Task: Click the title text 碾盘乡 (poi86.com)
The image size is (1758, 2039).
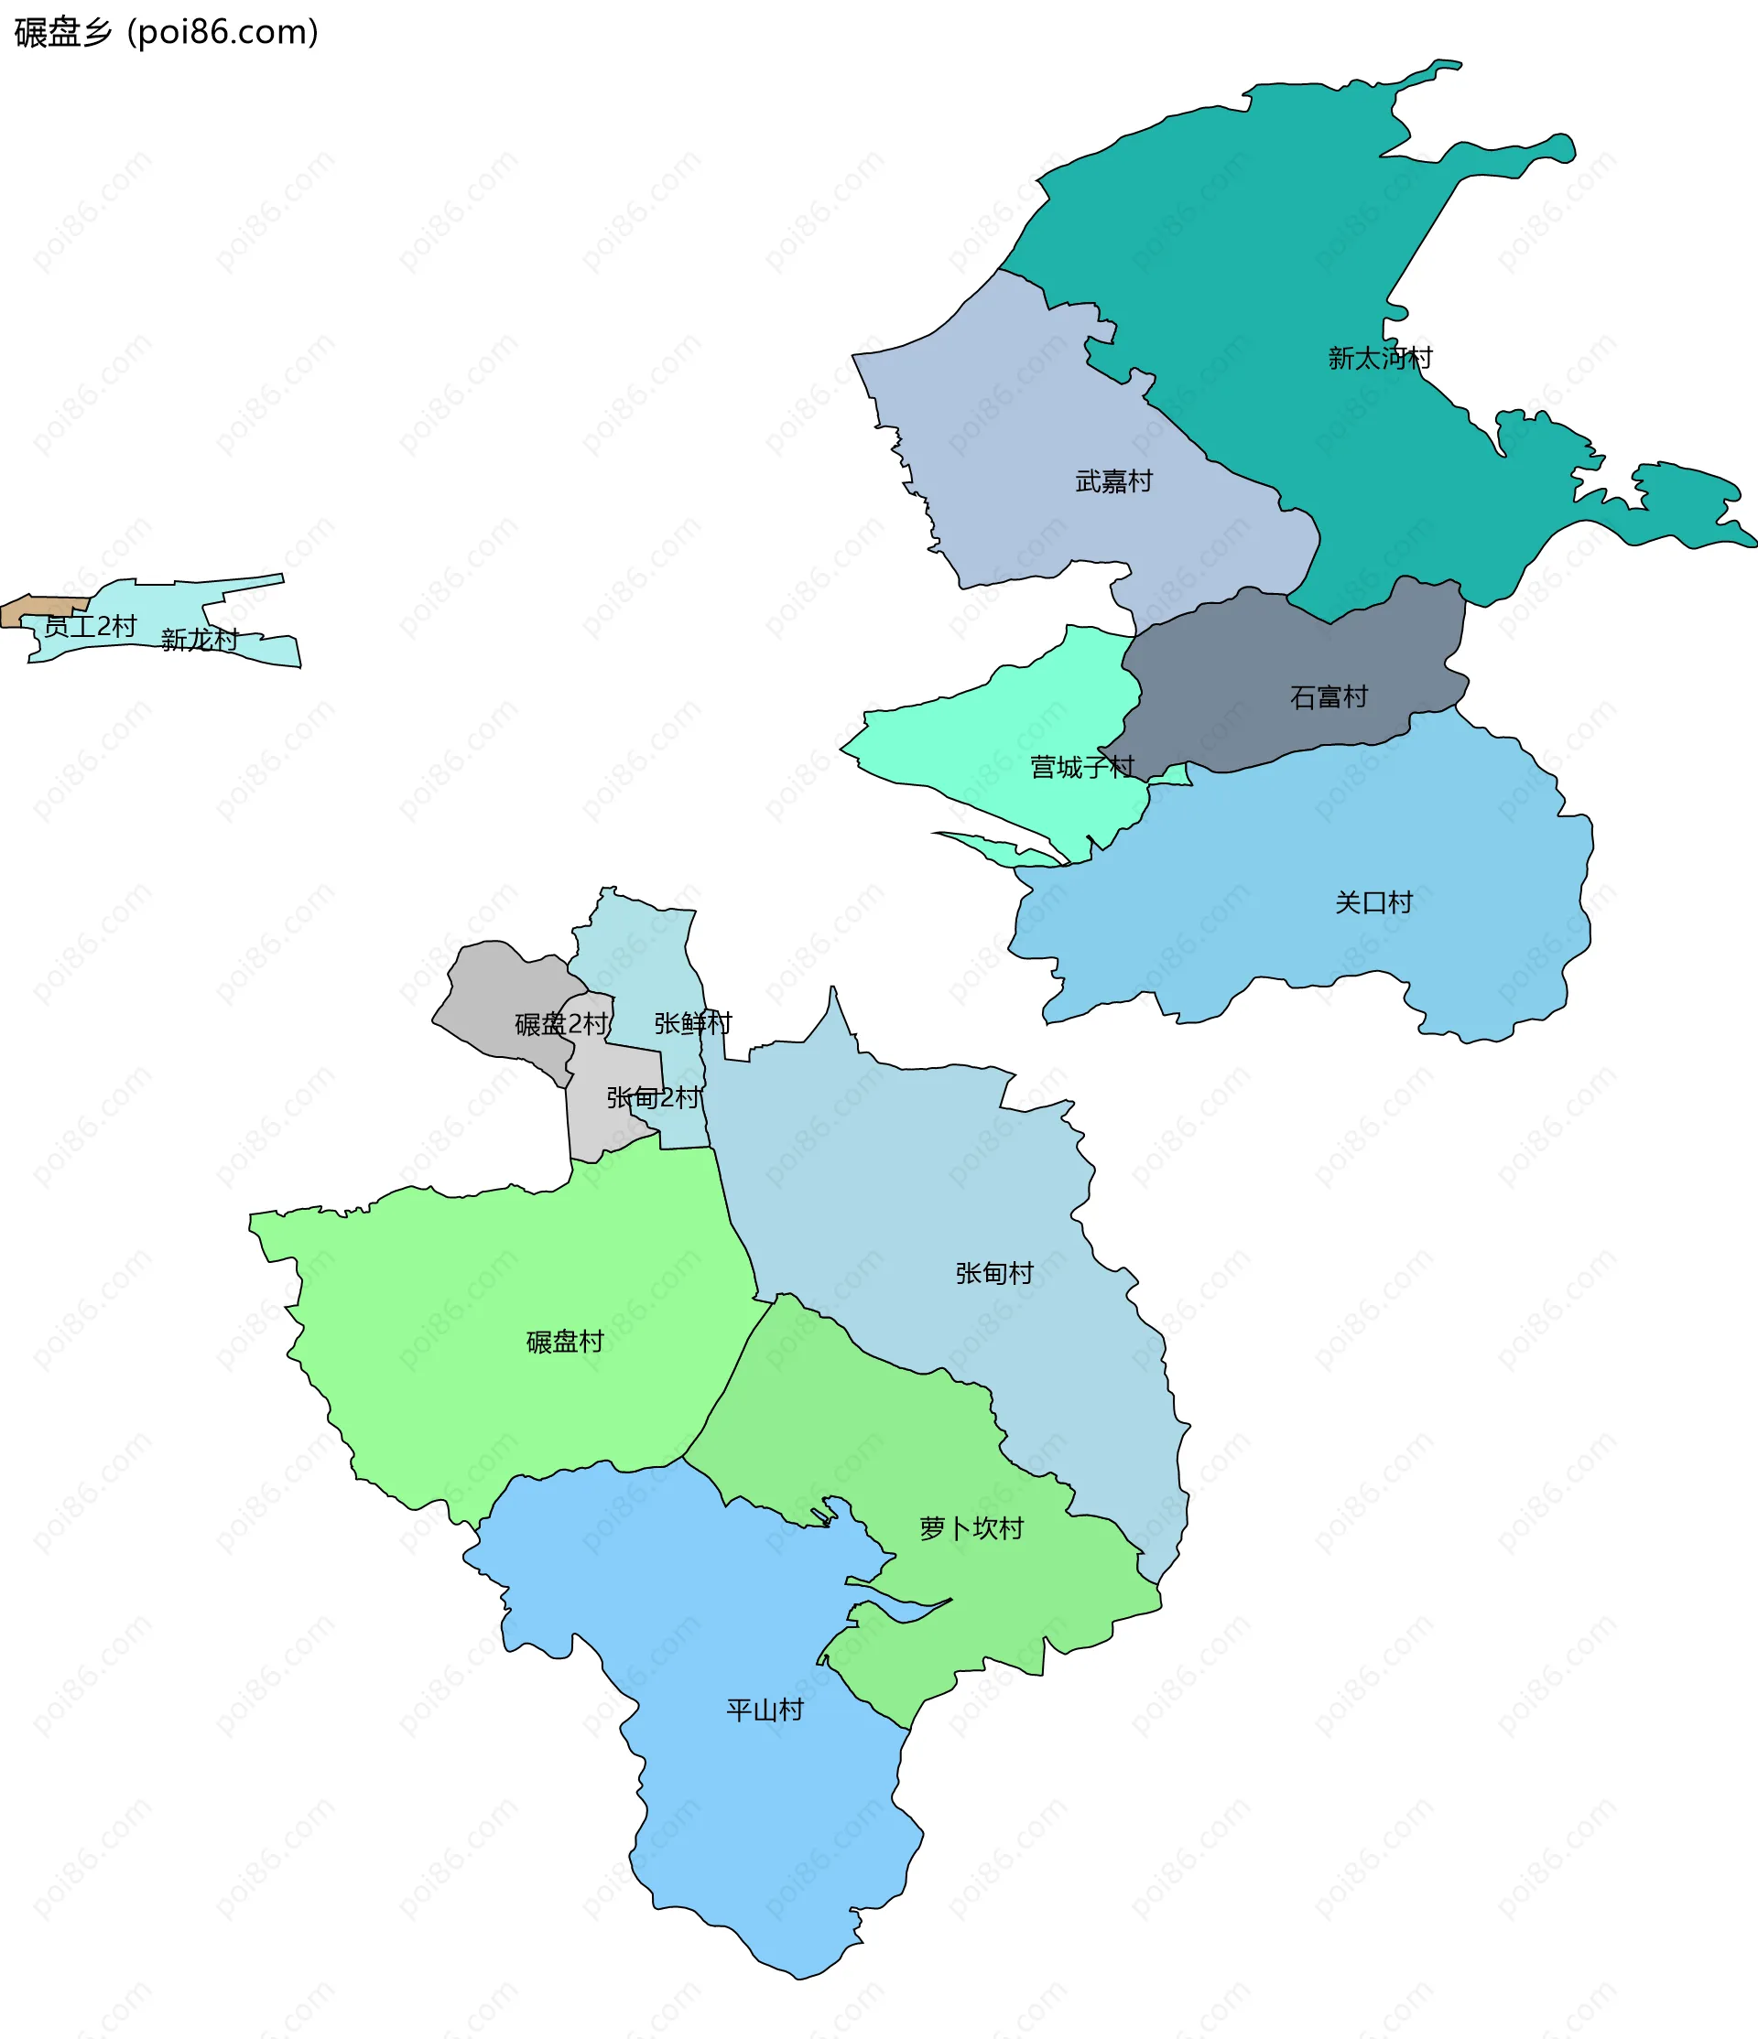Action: pyautogui.click(x=166, y=32)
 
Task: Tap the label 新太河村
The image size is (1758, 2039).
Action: pyautogui.click(x=1380, y=358)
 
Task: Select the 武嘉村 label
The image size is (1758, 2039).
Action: pyautogui.click(x=1113, y=481)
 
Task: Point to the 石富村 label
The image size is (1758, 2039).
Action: pyautogui.click(x=1329, y=697)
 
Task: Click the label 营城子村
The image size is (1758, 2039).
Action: pyautogui.click(x=1081, y=767)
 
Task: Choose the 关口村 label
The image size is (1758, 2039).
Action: pyautogui.click(x=1373, y=902)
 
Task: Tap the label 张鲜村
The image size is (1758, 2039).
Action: pyautogui.click(x=693, y=1023)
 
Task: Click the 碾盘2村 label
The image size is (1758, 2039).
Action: pyautogui.click(x=561, y=1024)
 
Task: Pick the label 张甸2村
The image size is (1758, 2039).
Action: pyautogui.click(x=655, y=1097)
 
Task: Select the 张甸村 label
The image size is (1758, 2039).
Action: pyautogui.click(x=994, y=1273)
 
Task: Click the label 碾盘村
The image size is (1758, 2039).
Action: pyautogui.click(x=565, y=1342)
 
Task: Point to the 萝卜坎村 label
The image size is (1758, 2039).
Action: pyautogui.click(x=971, y=1528)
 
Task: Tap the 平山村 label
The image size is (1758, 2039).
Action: pyautogui.click(x=765, y=1710)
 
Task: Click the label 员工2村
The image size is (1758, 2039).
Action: pyautogui.click(x=91, y=626)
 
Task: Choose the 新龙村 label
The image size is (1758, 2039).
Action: pyautogui.click(x=200, y=640)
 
